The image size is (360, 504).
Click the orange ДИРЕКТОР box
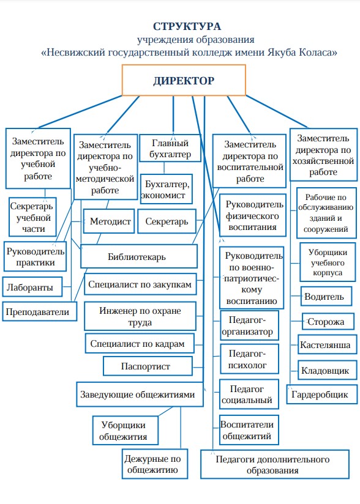[184, 80]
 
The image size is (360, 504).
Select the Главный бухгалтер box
[170, 148]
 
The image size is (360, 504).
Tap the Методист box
[109, 221]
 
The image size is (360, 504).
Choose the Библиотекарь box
[138, 256]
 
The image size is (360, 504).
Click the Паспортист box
[148, 366]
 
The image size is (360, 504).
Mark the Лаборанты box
[32, 287]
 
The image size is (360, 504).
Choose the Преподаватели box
[40, 311]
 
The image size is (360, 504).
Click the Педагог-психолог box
[249, 359]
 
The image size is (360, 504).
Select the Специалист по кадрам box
[140, 343]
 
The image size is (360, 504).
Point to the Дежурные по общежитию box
[155, 464]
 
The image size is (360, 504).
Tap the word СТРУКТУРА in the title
[187, 26]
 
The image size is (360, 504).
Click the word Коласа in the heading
[318, 52]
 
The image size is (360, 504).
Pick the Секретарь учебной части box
[32, 217]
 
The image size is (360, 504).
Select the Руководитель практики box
[35, 256]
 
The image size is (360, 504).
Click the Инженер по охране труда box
[140, 316]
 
